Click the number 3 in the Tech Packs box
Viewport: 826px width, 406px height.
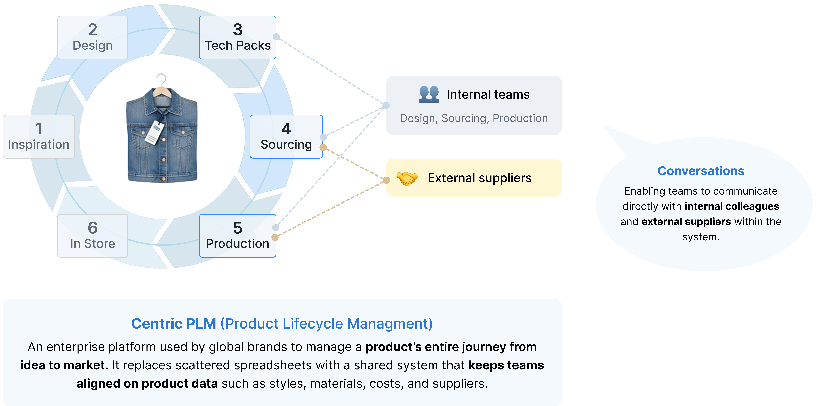238,30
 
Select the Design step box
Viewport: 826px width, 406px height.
93,38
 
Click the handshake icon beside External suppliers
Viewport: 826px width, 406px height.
407,178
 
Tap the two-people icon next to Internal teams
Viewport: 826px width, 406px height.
429,94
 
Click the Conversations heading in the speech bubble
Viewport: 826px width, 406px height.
701,171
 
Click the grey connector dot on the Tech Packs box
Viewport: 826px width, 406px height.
276,37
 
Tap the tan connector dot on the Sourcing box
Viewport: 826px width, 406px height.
323,147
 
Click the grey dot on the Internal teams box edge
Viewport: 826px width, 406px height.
386,105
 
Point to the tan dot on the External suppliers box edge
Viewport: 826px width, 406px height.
386,180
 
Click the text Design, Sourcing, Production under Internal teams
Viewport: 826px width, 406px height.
474,118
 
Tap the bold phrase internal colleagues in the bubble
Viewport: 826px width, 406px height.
732,206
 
